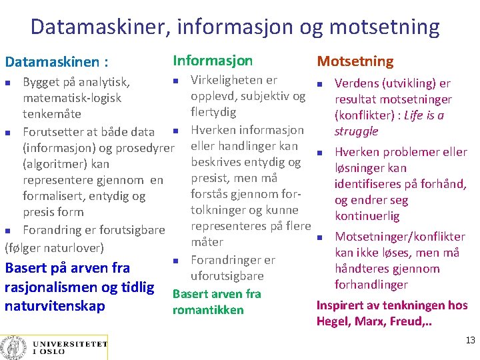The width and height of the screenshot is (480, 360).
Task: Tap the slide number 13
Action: [x=470, y=341]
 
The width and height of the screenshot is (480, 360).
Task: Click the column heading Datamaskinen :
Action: [x=56, y=62]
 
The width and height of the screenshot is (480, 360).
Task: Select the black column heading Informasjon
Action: [x=213, y=61]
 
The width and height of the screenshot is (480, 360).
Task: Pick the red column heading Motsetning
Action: [x=355, y=61]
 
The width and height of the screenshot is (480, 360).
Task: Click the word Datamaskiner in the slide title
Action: [x=100, y=27]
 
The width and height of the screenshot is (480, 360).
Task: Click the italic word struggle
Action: [x=356, y=131]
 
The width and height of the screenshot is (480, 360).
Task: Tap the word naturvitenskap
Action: [x=55, y=306]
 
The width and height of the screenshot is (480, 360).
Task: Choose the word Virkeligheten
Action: [x=233, y=81]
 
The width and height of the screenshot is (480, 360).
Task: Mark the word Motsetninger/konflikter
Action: [x=399, y=237]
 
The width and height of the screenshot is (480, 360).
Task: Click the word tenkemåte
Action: [x=52, y=114]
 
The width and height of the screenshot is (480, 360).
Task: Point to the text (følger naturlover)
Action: [x=54, y=248]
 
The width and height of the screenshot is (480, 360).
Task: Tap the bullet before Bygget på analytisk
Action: [x=8, y=83]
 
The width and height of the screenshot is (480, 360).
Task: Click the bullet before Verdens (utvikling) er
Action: [x=320, y=84]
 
